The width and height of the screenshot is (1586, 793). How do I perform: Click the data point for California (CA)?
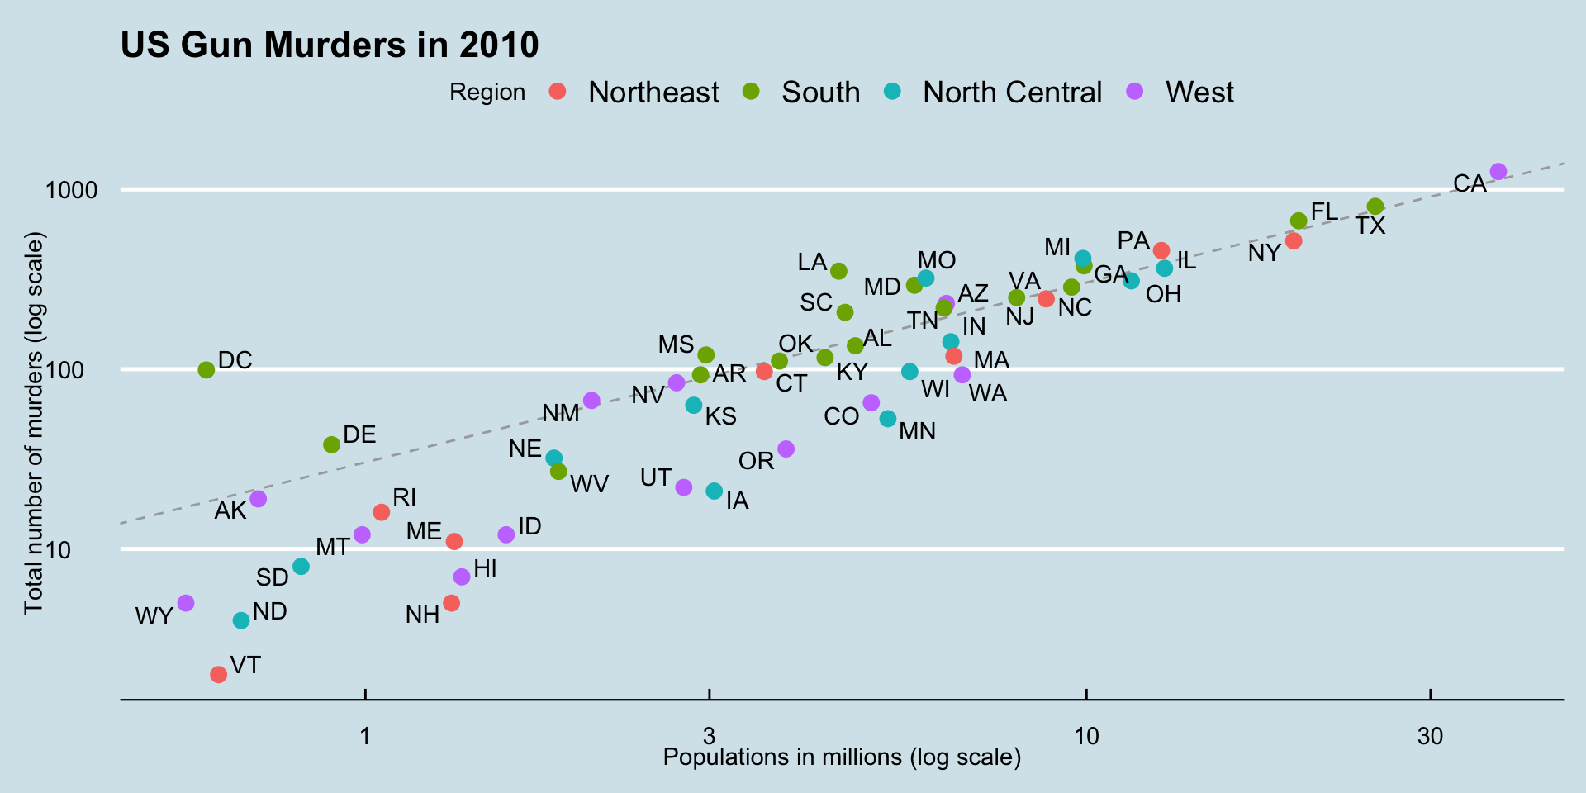(1498, 172)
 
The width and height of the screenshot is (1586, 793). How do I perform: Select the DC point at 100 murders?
(207, 370)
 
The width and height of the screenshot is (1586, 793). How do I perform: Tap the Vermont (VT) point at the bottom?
(218, 675)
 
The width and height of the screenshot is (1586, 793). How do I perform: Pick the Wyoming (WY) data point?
(186, 603)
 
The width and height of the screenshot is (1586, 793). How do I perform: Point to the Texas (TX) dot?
(1375, 207)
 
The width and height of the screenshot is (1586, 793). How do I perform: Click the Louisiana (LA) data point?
(838, 271)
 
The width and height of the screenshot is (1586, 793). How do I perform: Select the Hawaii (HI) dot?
(462, 577)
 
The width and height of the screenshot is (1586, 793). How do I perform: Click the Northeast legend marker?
(558, 92)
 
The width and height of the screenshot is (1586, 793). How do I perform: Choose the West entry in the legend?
(1199, 92)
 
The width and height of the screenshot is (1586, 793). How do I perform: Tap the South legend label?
(820, 92)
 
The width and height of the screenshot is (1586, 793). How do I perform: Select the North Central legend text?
(1012, 92)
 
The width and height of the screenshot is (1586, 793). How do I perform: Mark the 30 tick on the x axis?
(1430, 736)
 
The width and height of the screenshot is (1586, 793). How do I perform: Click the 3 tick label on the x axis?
(709, 736)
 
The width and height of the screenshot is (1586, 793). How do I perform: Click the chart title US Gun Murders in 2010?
(330, 45)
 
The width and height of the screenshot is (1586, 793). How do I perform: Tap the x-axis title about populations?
(842, 757)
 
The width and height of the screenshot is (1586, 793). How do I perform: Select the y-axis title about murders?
(33, 423)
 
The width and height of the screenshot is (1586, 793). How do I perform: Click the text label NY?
(1264, 254)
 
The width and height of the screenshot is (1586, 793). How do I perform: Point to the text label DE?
(359, 434)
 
